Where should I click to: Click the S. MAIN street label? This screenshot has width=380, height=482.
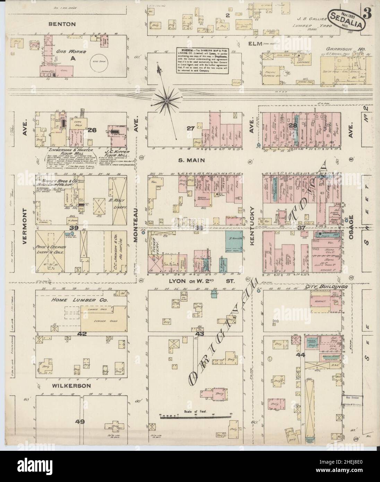(193, 160)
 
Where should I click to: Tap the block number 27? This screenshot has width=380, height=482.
(190, 128)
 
